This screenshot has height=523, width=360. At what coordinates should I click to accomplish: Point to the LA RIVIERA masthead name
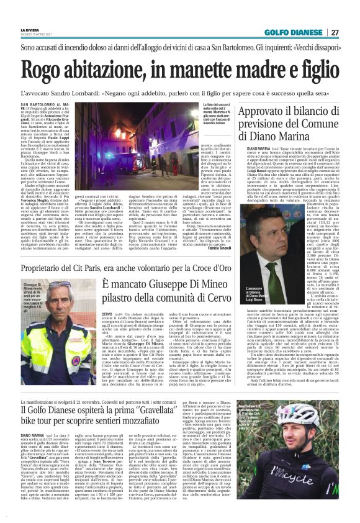(x=29, y=29)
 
